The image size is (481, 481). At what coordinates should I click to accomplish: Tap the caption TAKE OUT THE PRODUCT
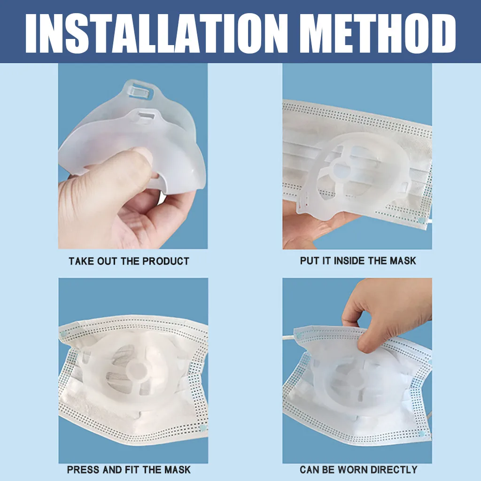click(129, 261)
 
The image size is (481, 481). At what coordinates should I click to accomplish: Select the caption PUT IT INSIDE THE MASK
click(358, 261)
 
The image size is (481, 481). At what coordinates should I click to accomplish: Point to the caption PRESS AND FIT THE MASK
click(129, 469)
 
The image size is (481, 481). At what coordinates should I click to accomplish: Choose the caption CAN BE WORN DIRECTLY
click(358, 469)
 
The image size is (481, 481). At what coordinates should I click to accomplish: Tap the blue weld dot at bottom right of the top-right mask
click(421, 219)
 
